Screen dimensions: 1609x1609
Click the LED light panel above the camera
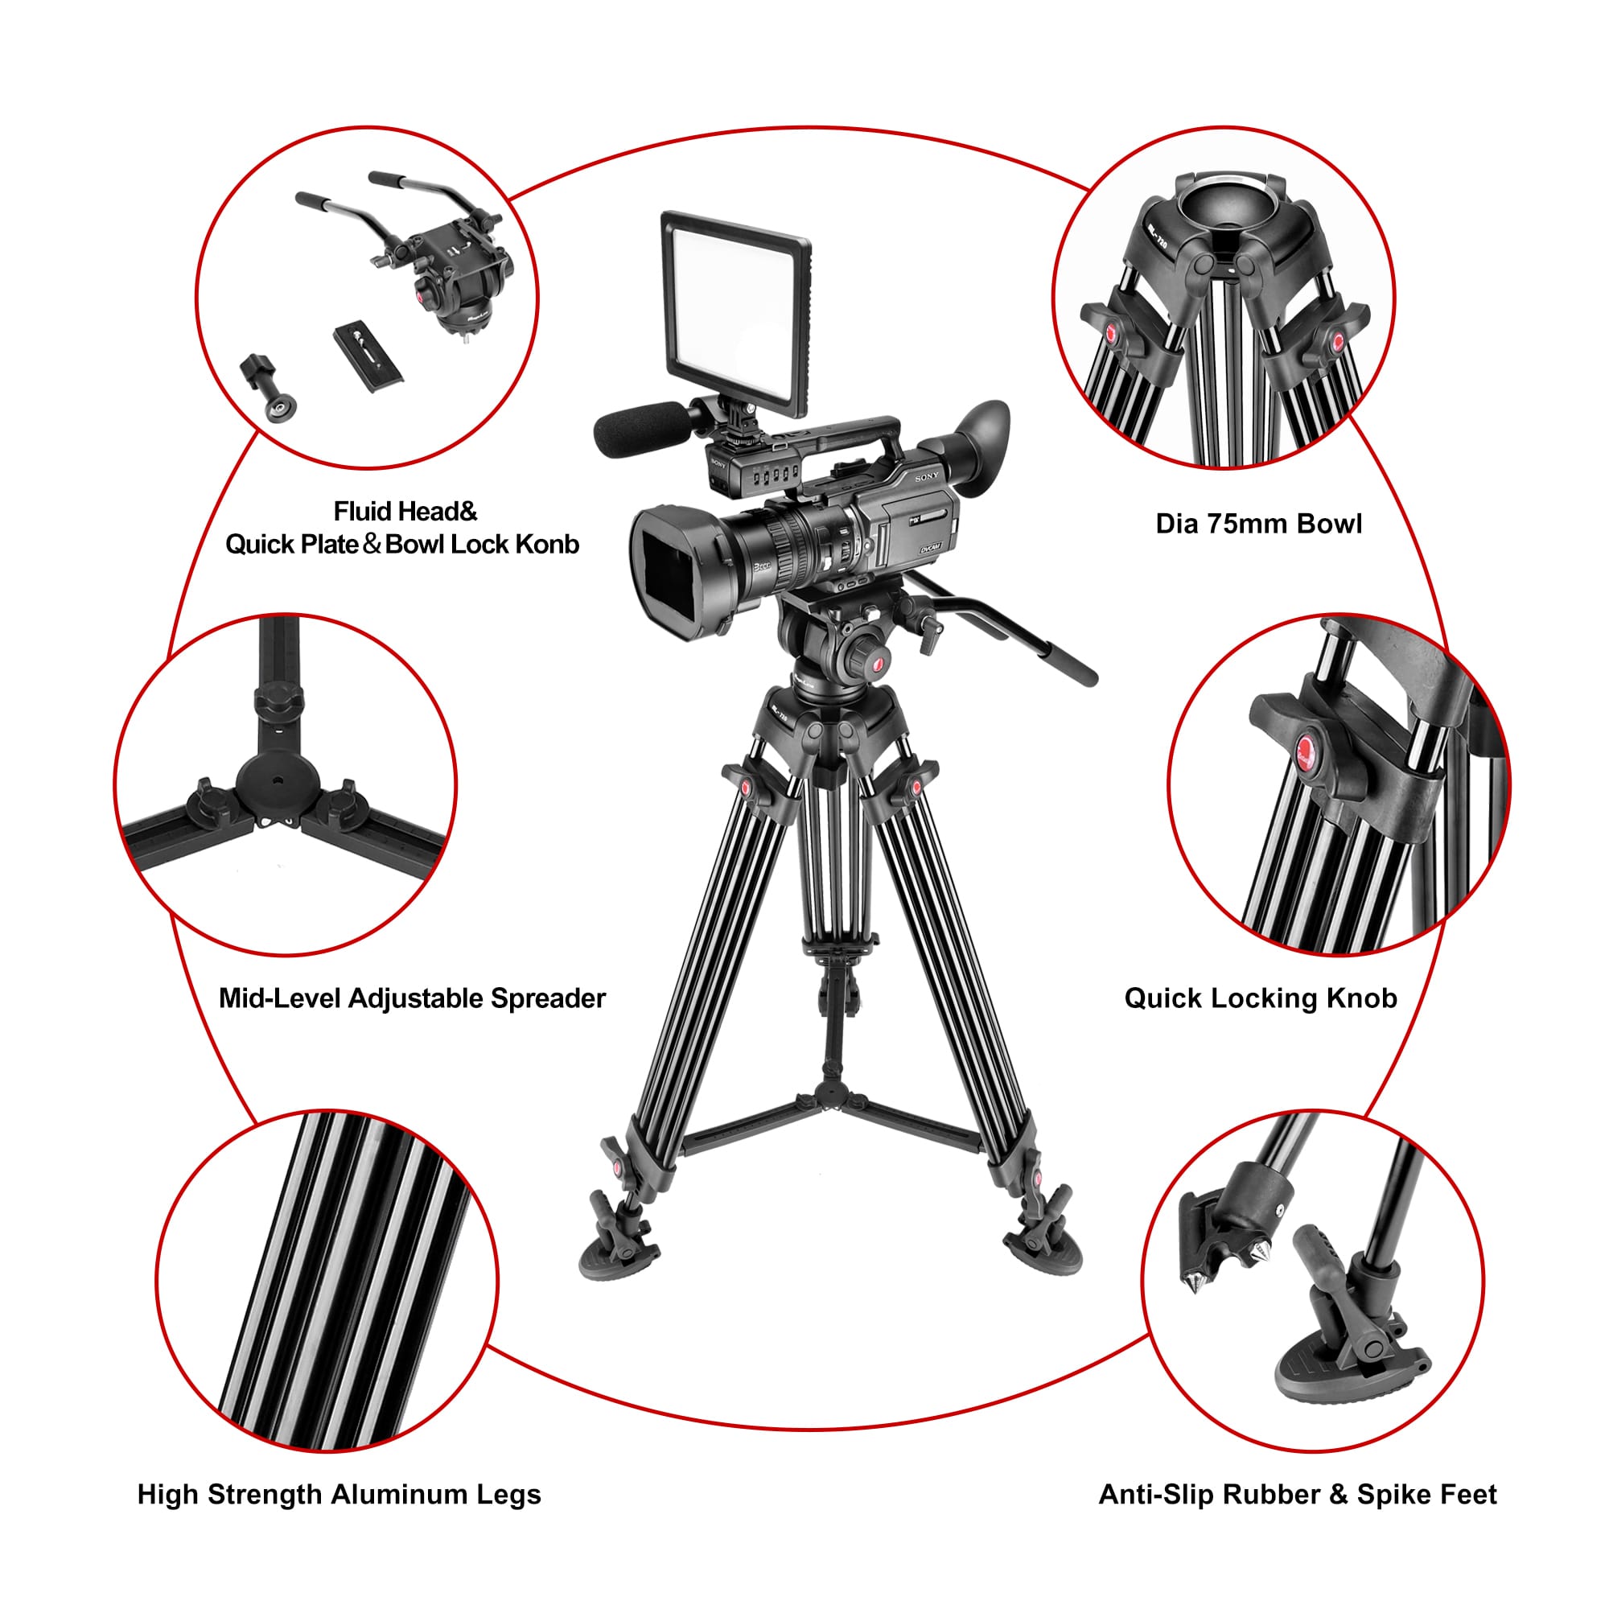click(736, 312)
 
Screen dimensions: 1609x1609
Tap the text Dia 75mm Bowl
click(1258, 524)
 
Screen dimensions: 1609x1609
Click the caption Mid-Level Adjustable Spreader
click(412, 998)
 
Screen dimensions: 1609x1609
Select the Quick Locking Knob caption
click(1260, 998)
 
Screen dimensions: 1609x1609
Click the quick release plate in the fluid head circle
click(369, 356)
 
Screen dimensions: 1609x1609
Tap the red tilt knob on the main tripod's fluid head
click(877, 664)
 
